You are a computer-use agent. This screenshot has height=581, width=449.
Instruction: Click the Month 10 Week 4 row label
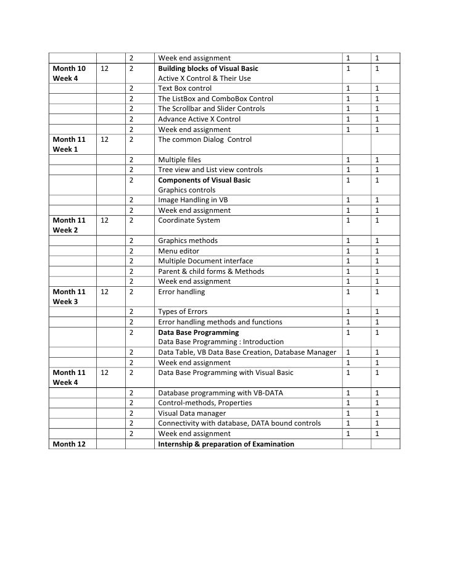pos(69,73)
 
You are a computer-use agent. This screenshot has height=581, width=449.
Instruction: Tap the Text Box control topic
pos(184,89)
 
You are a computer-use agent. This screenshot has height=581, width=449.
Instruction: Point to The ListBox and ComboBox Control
pos(215,99)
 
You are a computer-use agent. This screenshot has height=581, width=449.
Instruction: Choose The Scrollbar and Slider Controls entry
pos(211,109)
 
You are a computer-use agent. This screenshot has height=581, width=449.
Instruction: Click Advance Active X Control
pos(199,119)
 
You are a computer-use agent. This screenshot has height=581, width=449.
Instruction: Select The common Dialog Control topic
pos(205,139)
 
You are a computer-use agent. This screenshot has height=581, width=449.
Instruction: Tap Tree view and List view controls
pos(210,170)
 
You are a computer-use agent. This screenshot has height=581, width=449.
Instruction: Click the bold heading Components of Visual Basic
pos(204,180)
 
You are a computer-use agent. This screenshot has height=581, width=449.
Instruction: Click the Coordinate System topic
pos(189,220)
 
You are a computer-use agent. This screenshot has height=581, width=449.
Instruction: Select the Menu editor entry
pos(179,251)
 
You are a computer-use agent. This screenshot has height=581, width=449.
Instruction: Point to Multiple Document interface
pos(205,261)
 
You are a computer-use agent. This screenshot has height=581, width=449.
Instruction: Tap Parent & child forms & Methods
pos(211,271)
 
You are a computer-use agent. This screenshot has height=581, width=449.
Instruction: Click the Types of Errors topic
pos(184,311)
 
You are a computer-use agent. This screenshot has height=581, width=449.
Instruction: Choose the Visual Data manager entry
pos(192,413)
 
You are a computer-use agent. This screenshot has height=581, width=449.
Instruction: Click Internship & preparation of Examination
pos(226,444)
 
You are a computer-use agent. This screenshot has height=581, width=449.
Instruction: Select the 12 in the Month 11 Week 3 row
pos(105,292)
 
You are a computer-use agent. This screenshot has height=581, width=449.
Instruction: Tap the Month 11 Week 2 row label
pos(69,225)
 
